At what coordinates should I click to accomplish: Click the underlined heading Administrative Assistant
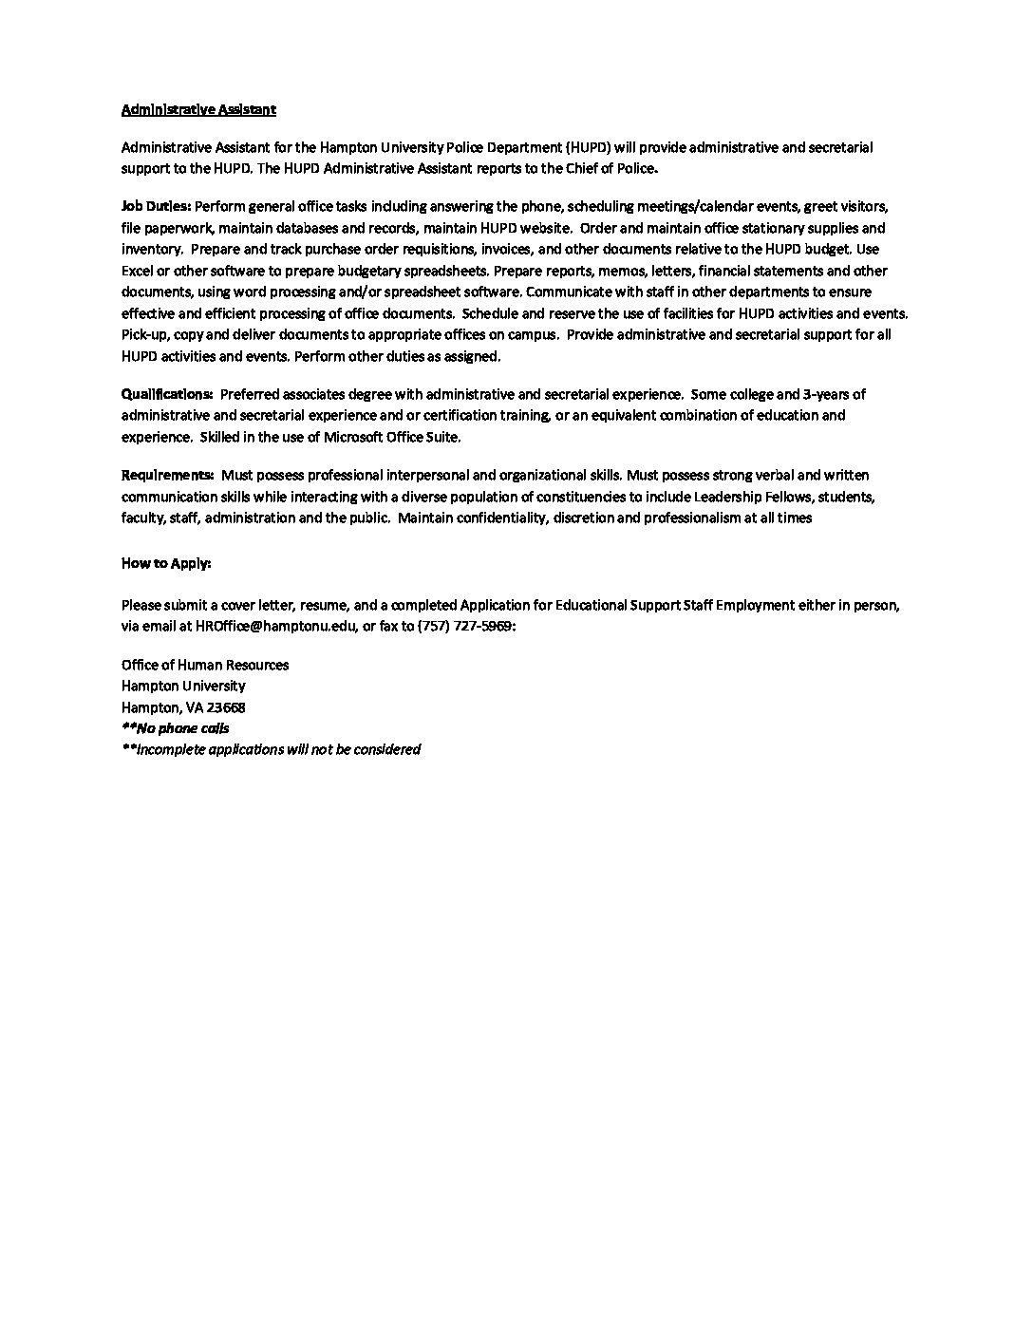[x=198, y=109]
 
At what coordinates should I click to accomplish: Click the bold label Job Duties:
[x=157, y=206]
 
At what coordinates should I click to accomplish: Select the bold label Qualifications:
[x=167, y=394]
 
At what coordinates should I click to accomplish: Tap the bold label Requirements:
[x=167, y=475]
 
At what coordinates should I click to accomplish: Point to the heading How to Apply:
[x=166, y=563]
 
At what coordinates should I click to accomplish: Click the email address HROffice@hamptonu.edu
[x=275, y=627]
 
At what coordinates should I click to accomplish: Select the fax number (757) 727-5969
[x=464, y=627]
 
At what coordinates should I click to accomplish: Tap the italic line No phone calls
[x=176, y=728]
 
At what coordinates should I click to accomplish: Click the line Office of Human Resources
[x=205, y=665]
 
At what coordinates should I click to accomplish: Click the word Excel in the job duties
[x=138, y=271]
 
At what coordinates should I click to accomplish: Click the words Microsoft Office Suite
[x=391, y=437]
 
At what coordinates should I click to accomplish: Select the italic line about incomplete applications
[x=271, y=749]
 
